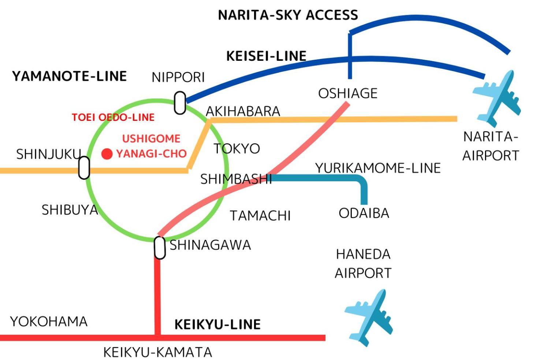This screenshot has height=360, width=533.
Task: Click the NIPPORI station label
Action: click(178, 78)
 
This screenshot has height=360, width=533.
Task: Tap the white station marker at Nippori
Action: click(180, 103)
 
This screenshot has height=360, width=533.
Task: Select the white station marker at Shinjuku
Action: click(84, 168)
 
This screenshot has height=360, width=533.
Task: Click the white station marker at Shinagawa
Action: click(160, 248)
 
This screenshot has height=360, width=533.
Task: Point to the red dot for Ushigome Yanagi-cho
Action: click(107, 154)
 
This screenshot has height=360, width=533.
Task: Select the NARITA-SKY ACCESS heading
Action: click(288, 15)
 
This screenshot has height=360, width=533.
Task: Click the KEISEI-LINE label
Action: click(266, 56)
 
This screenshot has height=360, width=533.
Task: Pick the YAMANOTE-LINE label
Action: click(70, 76)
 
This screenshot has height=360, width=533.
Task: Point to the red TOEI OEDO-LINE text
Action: click(113, 117)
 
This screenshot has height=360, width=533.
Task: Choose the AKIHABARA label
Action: click(243, 111)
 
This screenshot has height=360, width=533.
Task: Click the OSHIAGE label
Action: click(348, 93)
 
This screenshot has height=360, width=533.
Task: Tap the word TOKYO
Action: click(237, 149)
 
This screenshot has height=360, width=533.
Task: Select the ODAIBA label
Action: click(364, 213)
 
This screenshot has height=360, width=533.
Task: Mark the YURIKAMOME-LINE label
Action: click(378, 168)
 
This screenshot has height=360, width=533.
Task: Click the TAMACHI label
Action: click(260, 216)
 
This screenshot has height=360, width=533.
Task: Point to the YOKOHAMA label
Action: click(49, 322)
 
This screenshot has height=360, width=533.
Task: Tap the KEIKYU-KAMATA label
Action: click(158, 352)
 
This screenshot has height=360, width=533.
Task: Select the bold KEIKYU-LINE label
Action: click(217, 324)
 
